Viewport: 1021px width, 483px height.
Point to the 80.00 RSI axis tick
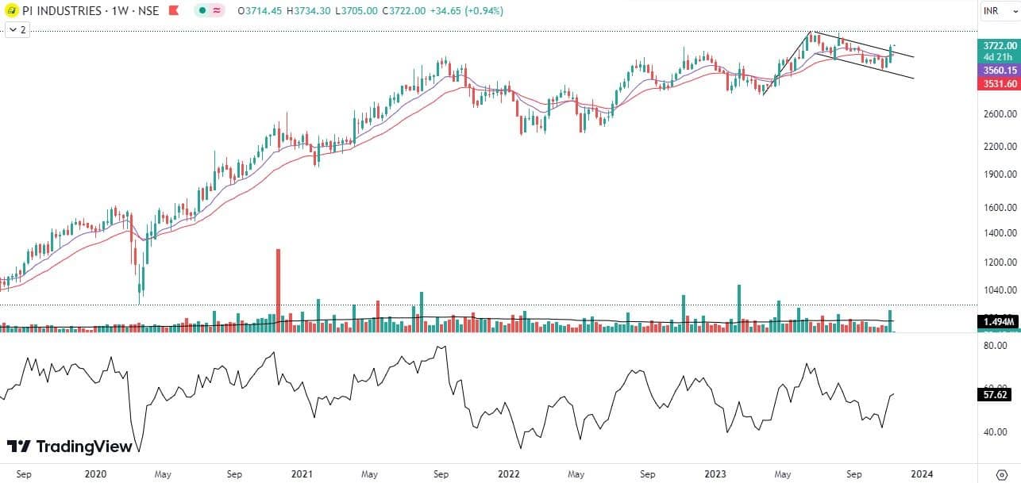click(996, 346)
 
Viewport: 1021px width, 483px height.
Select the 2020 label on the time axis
click(95, 474)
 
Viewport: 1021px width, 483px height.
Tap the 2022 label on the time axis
click(509, 474)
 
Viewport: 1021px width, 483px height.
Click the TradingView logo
click(69, 447)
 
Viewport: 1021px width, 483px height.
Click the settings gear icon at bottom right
click(1000, 474)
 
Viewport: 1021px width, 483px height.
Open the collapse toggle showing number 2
click(17, 30)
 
